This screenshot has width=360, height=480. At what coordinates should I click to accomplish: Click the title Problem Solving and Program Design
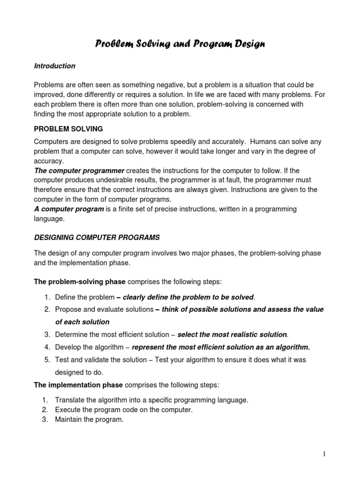(x=180, y=45)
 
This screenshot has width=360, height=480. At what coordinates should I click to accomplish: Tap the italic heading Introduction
(x=54, y=66)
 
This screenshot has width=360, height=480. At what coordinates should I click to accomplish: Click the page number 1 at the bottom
(x=324, y=454)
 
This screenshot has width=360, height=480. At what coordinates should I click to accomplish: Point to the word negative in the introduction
(x=169, y=85)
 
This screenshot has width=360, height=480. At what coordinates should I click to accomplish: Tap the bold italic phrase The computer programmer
(x=79, y=170)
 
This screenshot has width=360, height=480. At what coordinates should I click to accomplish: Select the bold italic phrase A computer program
(x=69, y=209)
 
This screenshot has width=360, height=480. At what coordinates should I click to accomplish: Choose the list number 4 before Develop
(x=47, y=347)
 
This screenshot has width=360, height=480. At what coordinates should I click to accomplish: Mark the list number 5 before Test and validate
(x=47, y=360)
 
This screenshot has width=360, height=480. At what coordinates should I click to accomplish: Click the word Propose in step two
(x=68, y=309)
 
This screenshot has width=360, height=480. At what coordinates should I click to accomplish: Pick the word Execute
(x=68, y=410)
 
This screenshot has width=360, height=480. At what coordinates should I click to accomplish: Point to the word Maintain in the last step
(x=69, y=420)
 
